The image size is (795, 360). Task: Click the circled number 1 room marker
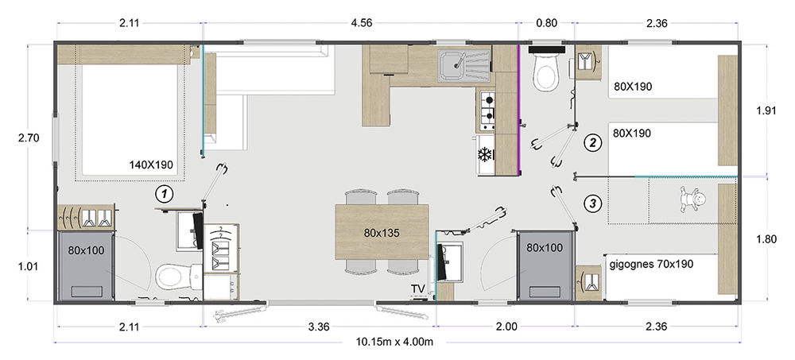pyautogui.click(x=164, y=193)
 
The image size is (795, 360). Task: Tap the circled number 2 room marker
pyautogui.click(x=592, y=143)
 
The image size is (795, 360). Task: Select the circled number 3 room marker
pyautogui.click(x=592, y=203)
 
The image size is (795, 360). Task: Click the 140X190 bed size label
pyautogui.click(x=152, y=165)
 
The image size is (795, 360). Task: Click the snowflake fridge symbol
pyautogui.click(x=485, y=154)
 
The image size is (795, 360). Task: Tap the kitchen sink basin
pyautogui.click(x=452, y=67)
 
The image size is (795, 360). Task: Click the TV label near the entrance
pyautogui.click(x=418, y=288)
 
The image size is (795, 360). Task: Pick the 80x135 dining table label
pyautogui.click(x=382, y=233)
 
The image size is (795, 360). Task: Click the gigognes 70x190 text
pyautogui.click(x=651, y=264)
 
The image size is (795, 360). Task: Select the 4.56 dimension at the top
pyautogui.click(x=360, y=23)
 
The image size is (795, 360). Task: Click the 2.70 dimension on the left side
pyautogui.click(x=29, y=137)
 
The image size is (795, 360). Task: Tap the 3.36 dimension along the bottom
pyautogui.click(x=319, y=327)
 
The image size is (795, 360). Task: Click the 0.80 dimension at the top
pyautogui.click(x=546, y=23)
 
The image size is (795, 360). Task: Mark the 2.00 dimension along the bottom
pyautogui.click(x=506, y=327)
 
